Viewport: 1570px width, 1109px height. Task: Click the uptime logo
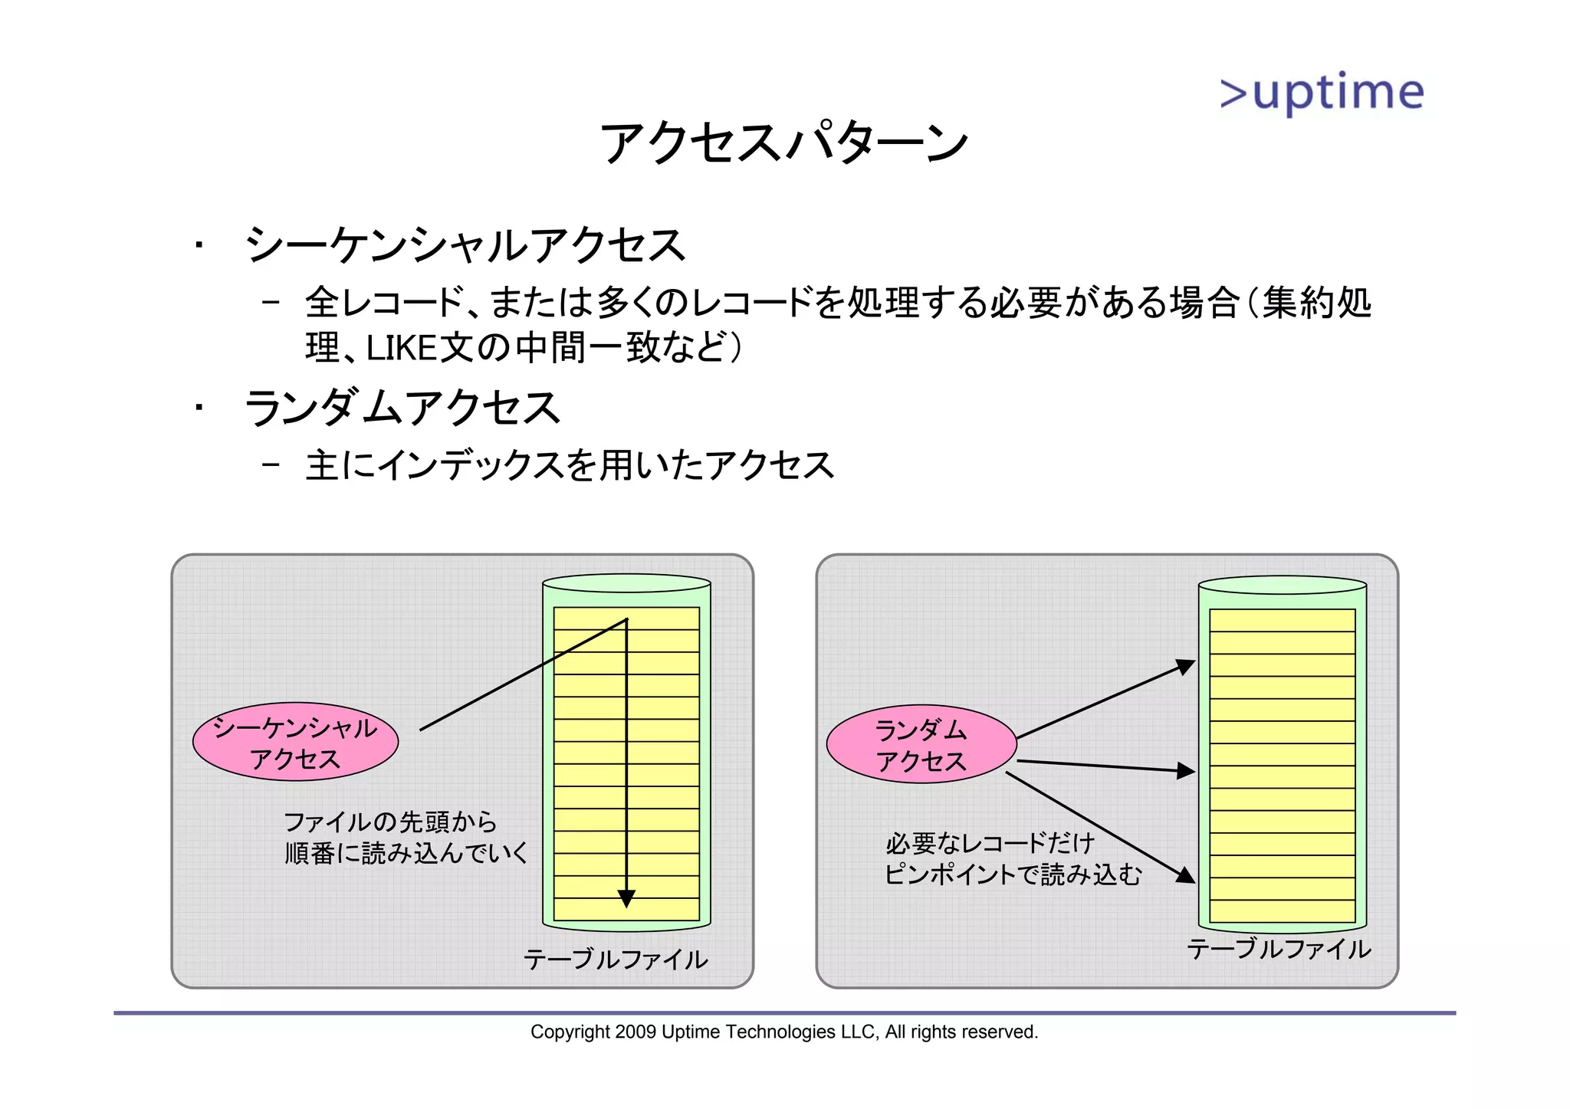tap(1322, 94)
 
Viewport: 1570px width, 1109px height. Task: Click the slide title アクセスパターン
tap(783, 143)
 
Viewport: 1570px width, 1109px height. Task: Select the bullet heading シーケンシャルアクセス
tap(465, 246)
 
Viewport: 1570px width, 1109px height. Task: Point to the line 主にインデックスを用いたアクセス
tap(570, 466)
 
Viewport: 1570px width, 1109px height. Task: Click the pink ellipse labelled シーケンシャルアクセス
tap(295, 742)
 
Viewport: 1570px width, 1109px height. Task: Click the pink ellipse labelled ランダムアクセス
tap(921, 744)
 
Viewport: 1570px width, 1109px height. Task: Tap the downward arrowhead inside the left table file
tap(626, 898)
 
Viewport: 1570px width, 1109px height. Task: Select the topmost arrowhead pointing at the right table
tap(1186, 667)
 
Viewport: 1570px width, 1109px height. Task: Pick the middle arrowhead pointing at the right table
tap(1186, 771)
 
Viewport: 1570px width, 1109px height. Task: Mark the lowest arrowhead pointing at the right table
tap(1186, 874)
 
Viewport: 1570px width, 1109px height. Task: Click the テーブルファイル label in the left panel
tap(615, 960)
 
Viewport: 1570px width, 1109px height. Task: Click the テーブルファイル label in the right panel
tap(1279, 950)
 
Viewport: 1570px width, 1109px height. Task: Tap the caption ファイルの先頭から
tap(390, 822)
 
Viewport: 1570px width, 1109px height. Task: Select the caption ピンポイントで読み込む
tap(1013, 874)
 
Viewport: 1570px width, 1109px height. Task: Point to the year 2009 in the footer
tap(636, 1032)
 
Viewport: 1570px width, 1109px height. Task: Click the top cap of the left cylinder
tap(626, 583)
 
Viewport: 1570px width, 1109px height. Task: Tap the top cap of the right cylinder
tap(1283, 585)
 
